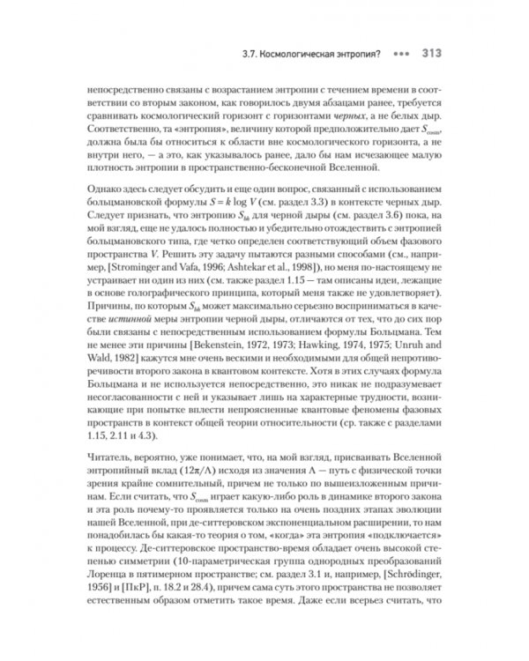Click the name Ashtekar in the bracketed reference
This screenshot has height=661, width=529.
(x=279, y=288)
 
